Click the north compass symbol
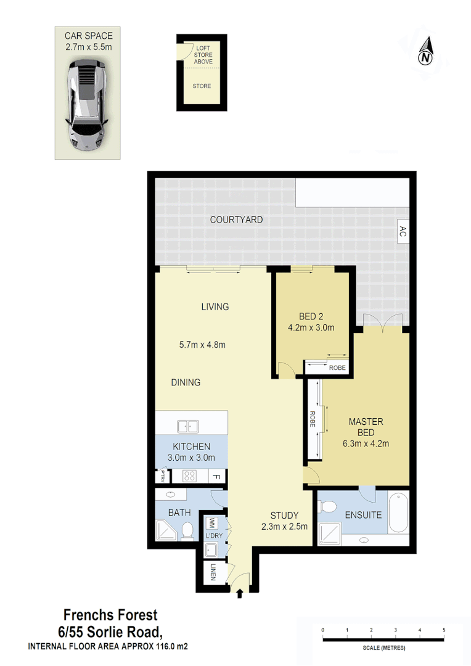pyautogui.click(x=425, y=53)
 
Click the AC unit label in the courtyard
pyautogui.click(x=403, y=231)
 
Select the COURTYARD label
pyautogui.click(x=236, y=220)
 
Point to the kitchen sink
pyautogui.click(x=187, y=425)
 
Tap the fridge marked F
pyautogui.click(x=216, y=476)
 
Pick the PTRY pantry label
pyautogui.click(x=163, y=476)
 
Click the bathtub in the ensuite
pyautogui.click(x=398, y=514)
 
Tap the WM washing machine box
pyautogui.click(x=211, y=523)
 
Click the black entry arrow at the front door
pyautogui.click(x=240, y=593)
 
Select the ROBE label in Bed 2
pyautogui.click(x=337, y=368)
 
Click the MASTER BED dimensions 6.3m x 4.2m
pyautogui.click(x=366, y=443)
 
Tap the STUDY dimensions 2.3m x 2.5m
pyautogui.click(x=284, y=527)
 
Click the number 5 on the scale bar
pyautogui.click(x=444, y=630)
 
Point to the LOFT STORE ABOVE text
pyautogui.click(x=203, y=55)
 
